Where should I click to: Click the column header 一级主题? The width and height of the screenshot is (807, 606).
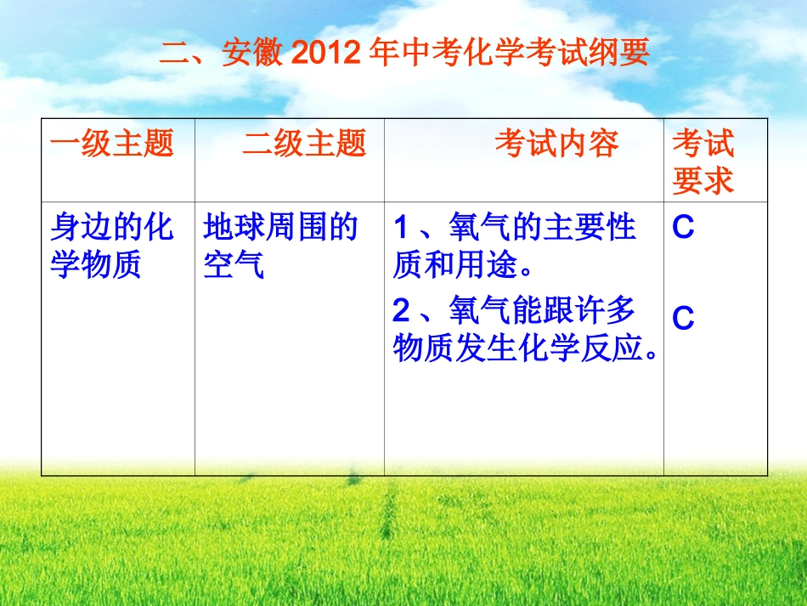pyautogui.click(x=111, y=144)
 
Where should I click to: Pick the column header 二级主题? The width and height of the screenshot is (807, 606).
pyautogui.click(x=304, y=144)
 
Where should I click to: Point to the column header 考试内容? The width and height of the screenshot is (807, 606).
pyautogui.click(x=556, y=144)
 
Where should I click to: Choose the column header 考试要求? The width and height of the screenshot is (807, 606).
pyautogui.click(x=703, y=162)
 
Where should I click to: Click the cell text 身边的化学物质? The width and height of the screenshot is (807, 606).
pyautogui.click(x=111, y=246)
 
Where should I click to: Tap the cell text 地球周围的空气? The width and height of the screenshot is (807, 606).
pyautogui.click(x=280, y=246)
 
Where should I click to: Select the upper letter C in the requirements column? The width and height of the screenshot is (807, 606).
pyautogui.click(x=683, y=229)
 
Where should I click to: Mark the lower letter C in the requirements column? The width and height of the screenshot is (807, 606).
pyautogui.click(x=683, y=319)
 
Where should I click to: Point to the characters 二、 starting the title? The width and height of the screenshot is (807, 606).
pyautogui.click(x=189, y=54)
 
